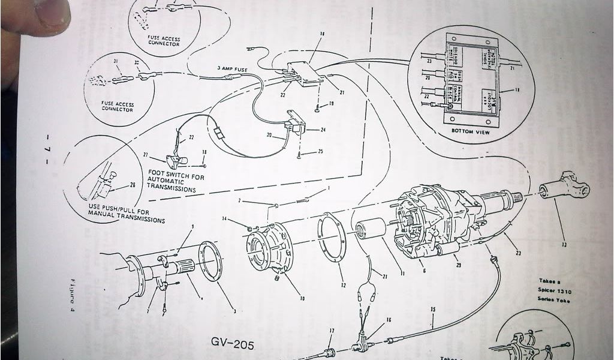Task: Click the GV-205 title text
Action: [233, 344]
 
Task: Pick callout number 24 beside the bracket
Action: [323, 130]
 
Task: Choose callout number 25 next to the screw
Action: [320, 152]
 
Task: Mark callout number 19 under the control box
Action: [330, 104]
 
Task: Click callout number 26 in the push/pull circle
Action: [133, 185]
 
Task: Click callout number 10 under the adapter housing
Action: [302, 298]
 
